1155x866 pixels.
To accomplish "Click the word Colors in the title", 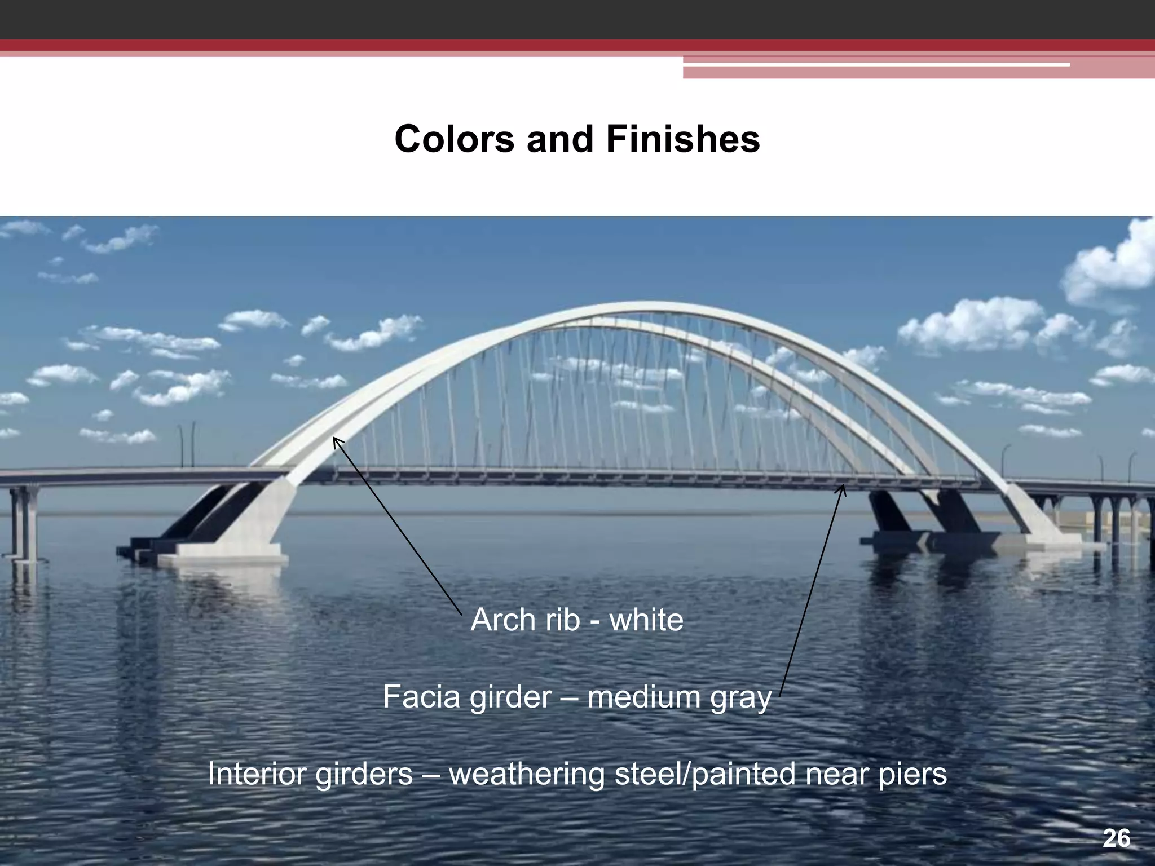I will [454, 139].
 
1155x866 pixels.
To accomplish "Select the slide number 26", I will [1116, 839].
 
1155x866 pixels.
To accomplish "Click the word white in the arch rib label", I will [646, 620].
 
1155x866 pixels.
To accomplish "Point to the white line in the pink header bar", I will [874, 65].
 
